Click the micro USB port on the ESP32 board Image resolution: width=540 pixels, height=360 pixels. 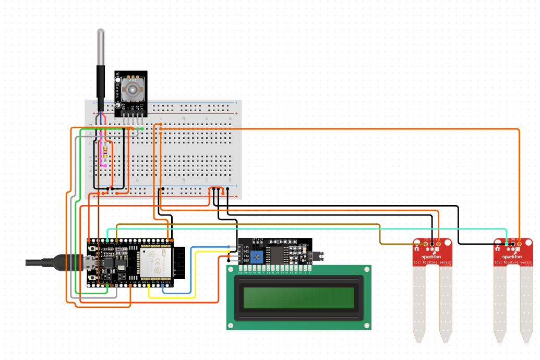click(x=89, y=262)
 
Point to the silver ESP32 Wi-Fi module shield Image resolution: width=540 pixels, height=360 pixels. click(x=155, y=262)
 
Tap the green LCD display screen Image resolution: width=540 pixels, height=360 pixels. click(x=298, y=297)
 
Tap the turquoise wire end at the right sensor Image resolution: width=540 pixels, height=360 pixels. click(x=507, y=244)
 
